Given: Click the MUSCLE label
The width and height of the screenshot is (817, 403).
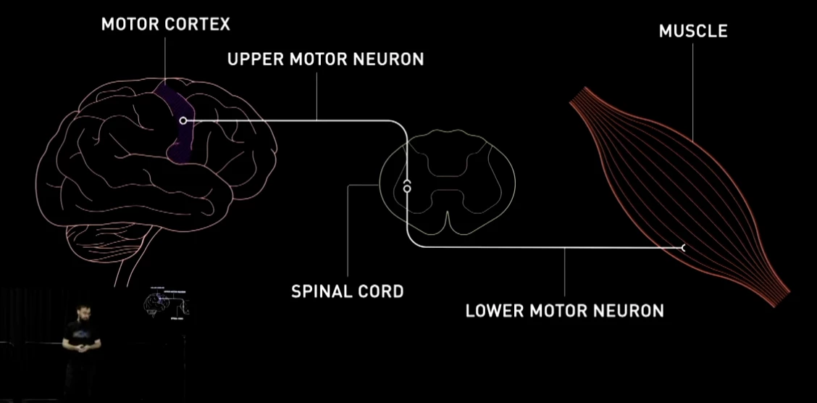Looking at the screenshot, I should pyautogui.click(x=693, y=31).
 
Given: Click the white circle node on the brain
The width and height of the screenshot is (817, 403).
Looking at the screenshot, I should pyautogui.click(x=183, y=120).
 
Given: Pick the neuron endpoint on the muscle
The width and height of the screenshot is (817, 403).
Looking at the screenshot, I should pyautogui.click(x=683, y=247).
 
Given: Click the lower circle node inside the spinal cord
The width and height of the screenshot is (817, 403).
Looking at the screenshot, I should pyautogui.click(x=407, y=188).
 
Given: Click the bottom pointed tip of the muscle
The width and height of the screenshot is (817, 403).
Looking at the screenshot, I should pyautogui.click(x=787, y=294).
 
